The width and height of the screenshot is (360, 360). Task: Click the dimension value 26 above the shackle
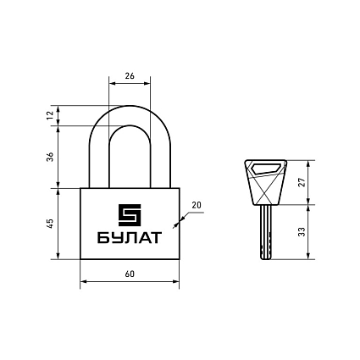(x=130, y=76)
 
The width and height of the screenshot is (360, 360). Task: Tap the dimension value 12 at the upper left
(x=50, y=115)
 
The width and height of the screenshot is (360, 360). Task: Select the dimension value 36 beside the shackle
(x=50, y=157)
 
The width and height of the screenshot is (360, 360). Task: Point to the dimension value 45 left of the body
(x=50, y=224)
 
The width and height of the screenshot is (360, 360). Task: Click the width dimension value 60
(x=130, y=274)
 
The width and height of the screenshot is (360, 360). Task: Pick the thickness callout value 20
(x=197, y=205)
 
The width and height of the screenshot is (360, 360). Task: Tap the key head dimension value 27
(x=302, y=182)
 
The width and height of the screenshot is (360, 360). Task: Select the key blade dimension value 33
(x=302, y=231)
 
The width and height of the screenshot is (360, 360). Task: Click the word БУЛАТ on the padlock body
(x=130, y=238)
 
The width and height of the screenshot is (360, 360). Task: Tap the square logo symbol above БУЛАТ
(x=130, y=215)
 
